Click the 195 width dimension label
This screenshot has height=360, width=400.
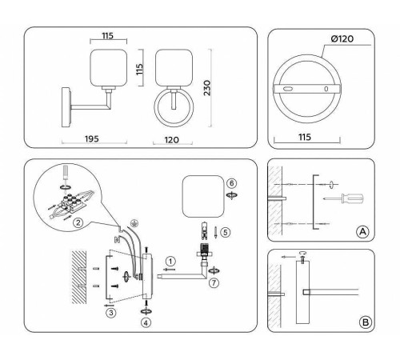[92, 139]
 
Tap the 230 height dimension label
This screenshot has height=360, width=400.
[207, 88]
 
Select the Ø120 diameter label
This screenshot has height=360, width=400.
[342, 39]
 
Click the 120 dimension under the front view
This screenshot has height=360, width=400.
[172, 140]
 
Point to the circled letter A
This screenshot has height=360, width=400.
[363, 231]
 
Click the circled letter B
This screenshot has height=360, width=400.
[365, 322]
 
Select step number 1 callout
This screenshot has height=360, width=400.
[170, 262]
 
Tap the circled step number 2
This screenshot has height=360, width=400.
[78, 222]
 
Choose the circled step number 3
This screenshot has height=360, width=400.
[111, 313]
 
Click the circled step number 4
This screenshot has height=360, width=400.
[146, 323]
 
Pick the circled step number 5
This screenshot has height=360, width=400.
[226, 232]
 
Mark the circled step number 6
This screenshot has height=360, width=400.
[231, 183]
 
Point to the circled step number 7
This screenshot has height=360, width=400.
[214, 283]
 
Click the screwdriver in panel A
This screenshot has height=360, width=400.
[343, 198]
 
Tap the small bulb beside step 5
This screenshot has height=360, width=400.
[205, 230]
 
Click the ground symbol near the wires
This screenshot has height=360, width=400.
[134, 223]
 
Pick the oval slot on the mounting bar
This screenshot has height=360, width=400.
[288, 89]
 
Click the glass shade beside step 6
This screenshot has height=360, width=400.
[203, 196]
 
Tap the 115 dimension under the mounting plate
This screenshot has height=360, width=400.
[305, 137]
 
